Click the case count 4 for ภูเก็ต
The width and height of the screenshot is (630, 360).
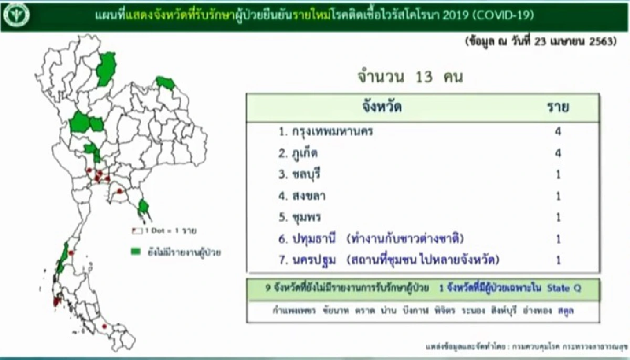(x=558, y=153)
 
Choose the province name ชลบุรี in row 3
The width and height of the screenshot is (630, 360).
(x=308, y=175)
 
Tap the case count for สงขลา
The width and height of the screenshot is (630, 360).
(x=558, y=196)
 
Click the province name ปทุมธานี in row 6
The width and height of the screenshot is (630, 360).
(x=316, y=239)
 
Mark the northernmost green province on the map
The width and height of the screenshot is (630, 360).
(x=108, y=69)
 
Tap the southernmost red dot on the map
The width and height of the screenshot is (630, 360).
(x=104, y=326)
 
